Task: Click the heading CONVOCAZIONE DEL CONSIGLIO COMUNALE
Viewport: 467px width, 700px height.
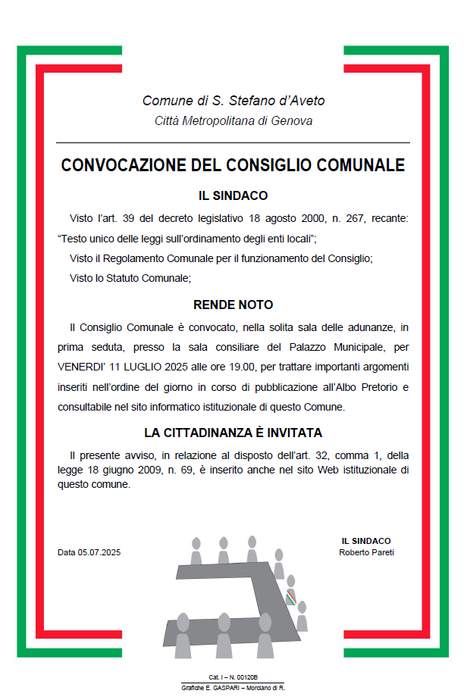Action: pyautogui.click(x=233, y=166)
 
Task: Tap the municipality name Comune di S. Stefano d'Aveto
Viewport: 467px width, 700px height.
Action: pyautogui.click(x=233, y=101)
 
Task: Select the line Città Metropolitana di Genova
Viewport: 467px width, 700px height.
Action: pyautogui.click(x=233, y=121)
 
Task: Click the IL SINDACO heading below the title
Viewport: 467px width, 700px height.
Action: pyautogui.click(x=233, y=195)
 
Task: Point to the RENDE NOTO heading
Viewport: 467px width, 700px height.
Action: pyautogui.click(x=233, y=305)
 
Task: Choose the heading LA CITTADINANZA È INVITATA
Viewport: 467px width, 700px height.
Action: pyautogui.click(x=233, y=433)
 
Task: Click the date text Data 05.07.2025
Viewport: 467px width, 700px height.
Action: pyautogui.click(x=89, y=552)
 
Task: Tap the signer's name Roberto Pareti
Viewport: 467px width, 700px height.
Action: pyautogui.click(x=366, y=552)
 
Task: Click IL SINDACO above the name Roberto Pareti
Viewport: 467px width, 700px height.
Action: pyautogui.click(x=366, y=541)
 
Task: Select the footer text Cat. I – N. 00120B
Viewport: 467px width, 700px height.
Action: pyautogui.click(x=233, y=677)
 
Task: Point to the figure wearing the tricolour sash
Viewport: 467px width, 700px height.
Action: pyautogui.click(x=291, y=592)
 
